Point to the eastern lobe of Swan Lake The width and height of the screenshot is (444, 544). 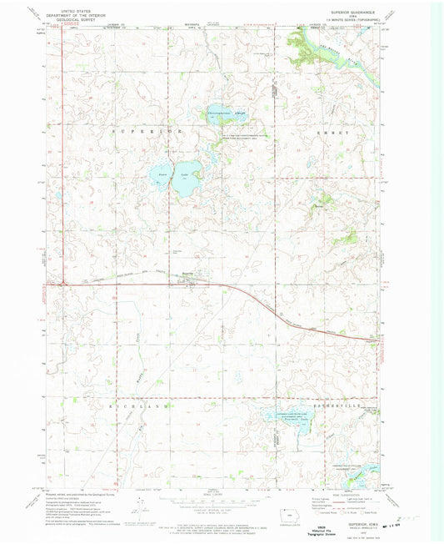[191, 178]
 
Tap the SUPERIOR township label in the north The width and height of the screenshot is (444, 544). [137, 132]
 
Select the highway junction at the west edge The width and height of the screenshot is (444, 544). [65, 283]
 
